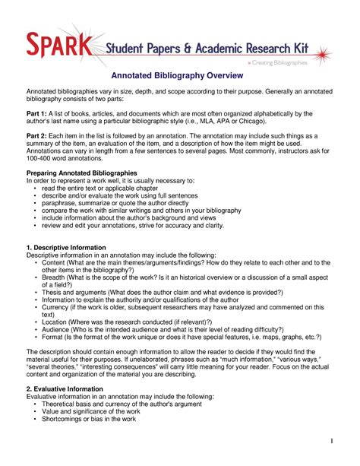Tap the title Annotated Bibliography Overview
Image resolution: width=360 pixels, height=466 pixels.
pyautogui.click(x=177, y=76)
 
